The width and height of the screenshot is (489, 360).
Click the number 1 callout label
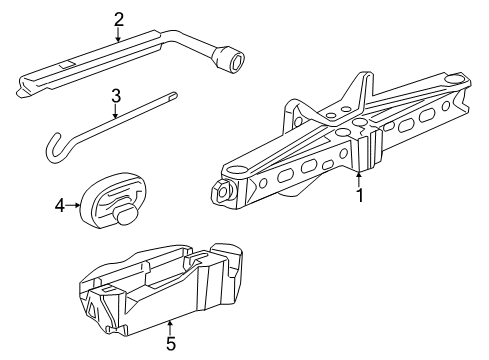[x=359, y=197]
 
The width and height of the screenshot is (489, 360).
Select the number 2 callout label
[x=119, y=17]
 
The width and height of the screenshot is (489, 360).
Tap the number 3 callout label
[x=116, y=97]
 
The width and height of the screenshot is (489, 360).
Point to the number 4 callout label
[x=58, y=206]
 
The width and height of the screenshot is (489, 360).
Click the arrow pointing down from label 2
[x=119, y=36]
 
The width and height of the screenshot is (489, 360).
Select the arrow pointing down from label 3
[x=116, y=113]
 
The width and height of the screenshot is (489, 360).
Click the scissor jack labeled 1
[x=340, y=140]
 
